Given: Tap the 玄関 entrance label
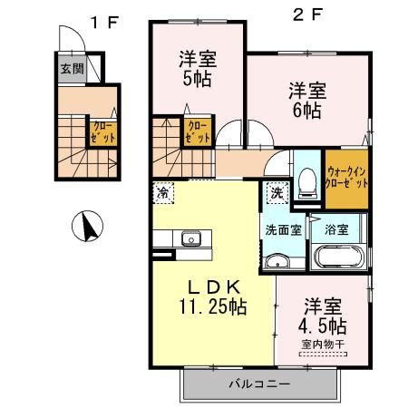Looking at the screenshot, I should click(73, 68).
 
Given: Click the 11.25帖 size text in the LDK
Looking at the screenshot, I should click(212, 306).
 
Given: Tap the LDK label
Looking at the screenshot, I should click(212, 287).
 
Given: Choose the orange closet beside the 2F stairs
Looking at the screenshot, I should click(197, 131).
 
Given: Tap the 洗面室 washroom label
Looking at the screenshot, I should click(284, 230).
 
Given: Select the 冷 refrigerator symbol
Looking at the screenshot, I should click(163, 192).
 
